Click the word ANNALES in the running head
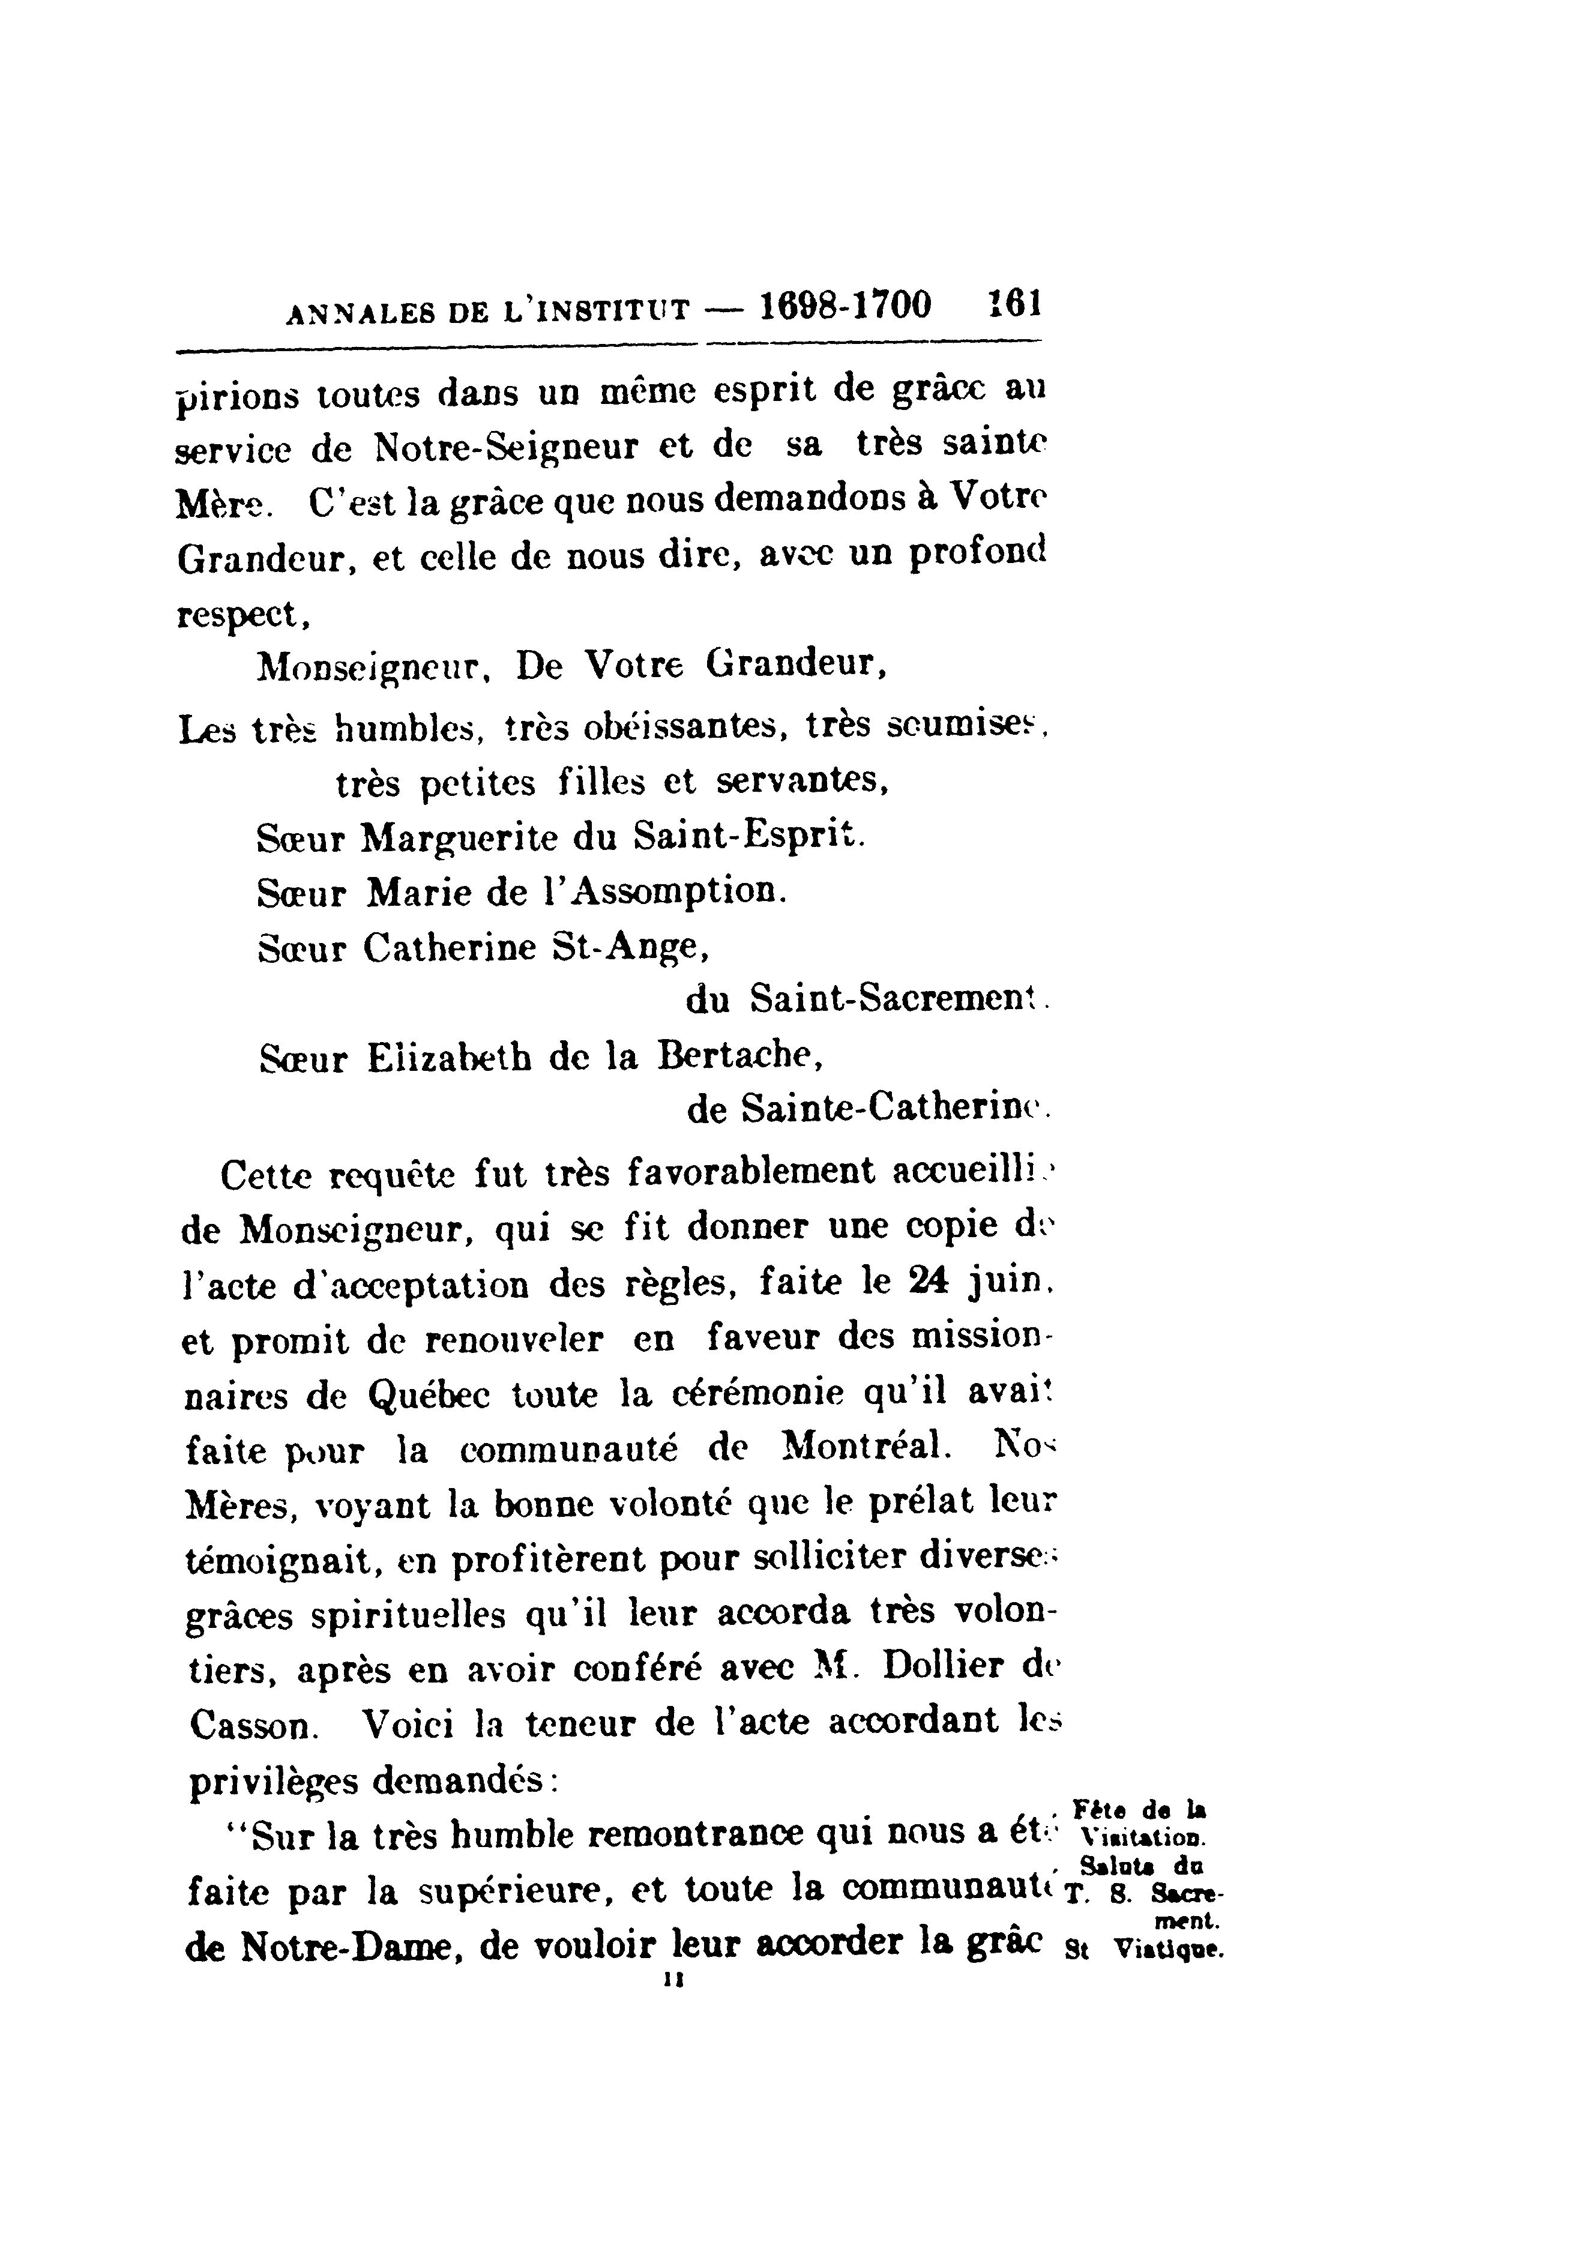(360, 312)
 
